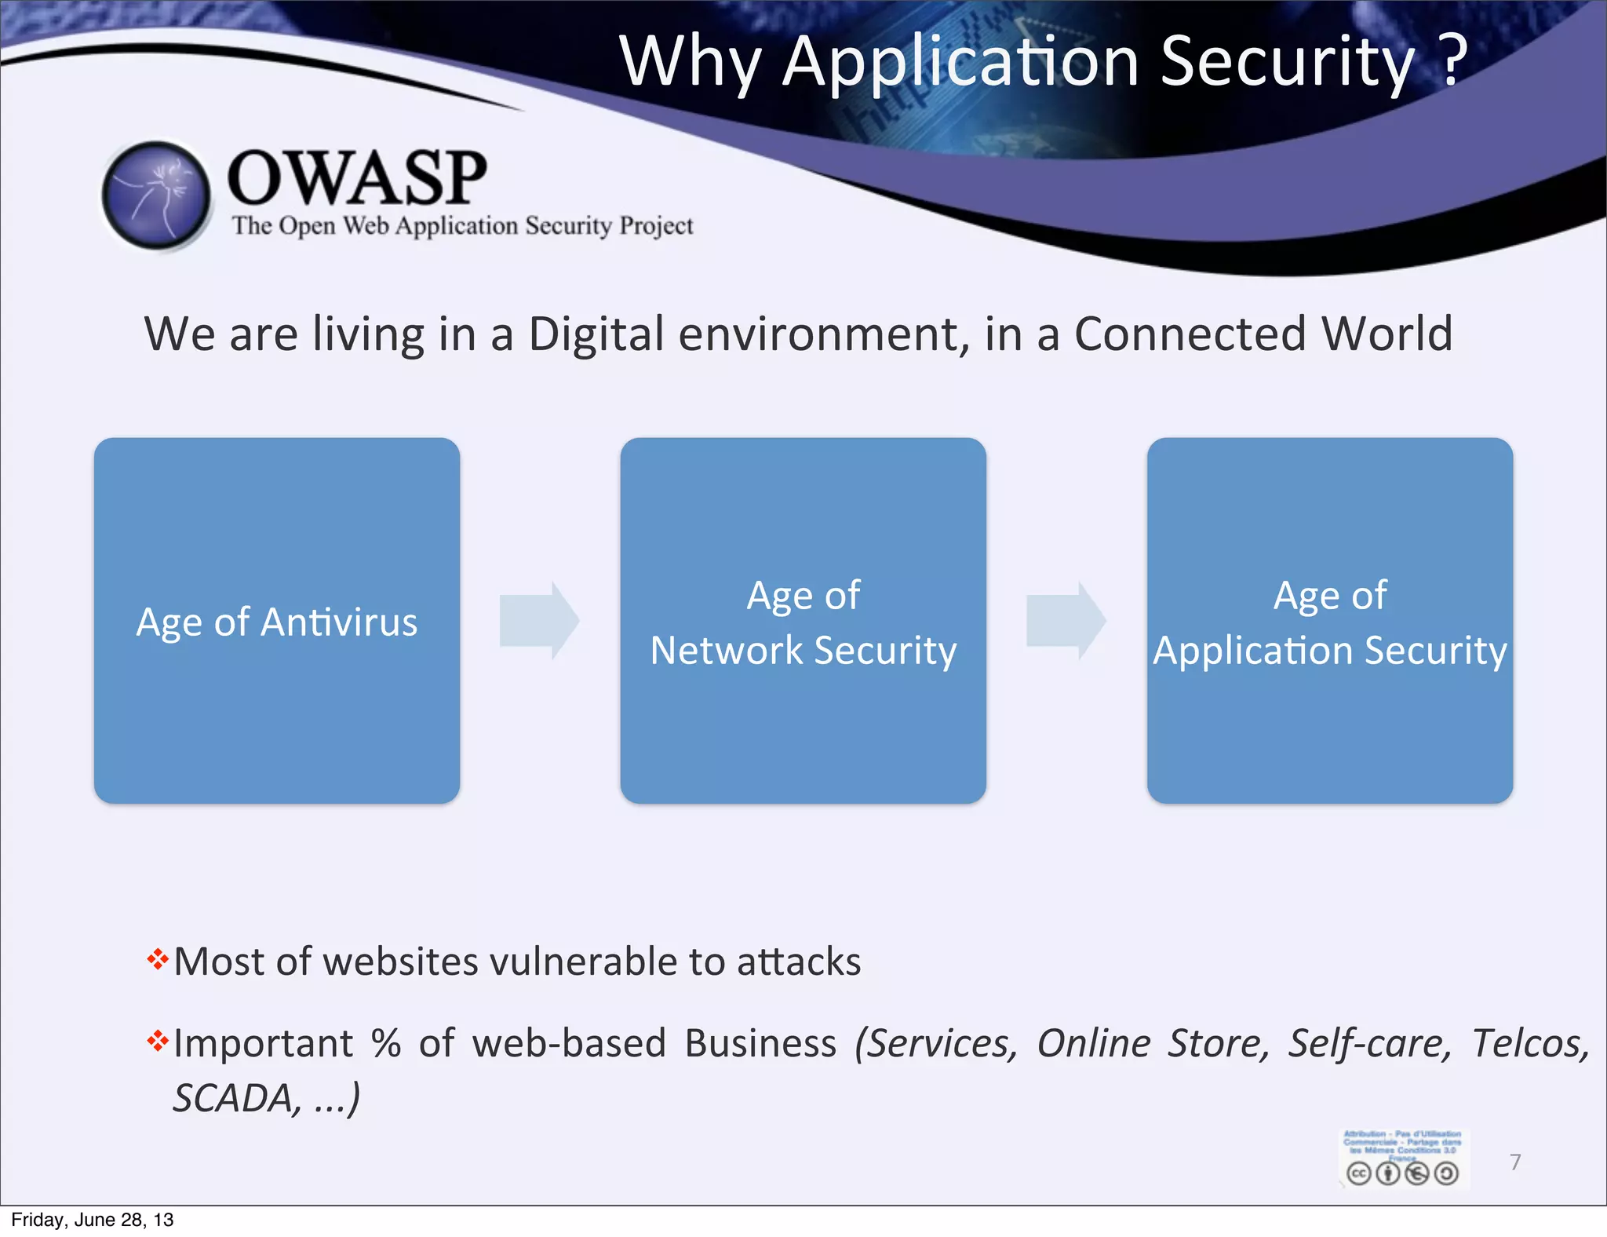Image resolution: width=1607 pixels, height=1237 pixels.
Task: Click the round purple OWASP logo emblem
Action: point(157,195)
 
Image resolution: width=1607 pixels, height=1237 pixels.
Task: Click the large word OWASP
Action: point(357,178)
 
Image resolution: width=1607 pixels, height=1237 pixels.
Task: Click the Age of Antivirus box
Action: point(277,620)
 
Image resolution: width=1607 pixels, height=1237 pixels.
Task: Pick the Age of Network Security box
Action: point(803,620)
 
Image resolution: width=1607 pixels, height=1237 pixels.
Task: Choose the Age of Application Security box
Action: point(1329,620)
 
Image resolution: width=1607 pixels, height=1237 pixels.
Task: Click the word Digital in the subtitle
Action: point(596,334)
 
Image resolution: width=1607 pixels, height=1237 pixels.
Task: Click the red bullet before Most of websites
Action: point(158,959)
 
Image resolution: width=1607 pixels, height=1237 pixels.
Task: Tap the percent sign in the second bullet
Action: point(385,1044)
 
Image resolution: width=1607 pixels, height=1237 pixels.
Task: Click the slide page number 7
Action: point(1515,1162)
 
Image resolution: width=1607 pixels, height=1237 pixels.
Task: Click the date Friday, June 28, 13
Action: point(93,1220)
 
